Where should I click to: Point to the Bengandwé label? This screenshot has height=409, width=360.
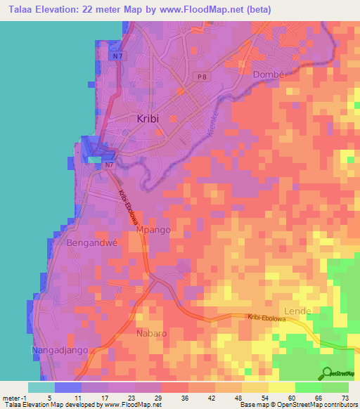click(x=91, y=243)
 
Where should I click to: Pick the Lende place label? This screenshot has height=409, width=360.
click(x=296, y=310)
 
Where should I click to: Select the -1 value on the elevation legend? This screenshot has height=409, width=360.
click(x=26, y=397)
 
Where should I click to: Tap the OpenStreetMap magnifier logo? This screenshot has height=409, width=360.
click(x=328, y=372)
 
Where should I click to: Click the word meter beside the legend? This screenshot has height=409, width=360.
click(x=11, y=397)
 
